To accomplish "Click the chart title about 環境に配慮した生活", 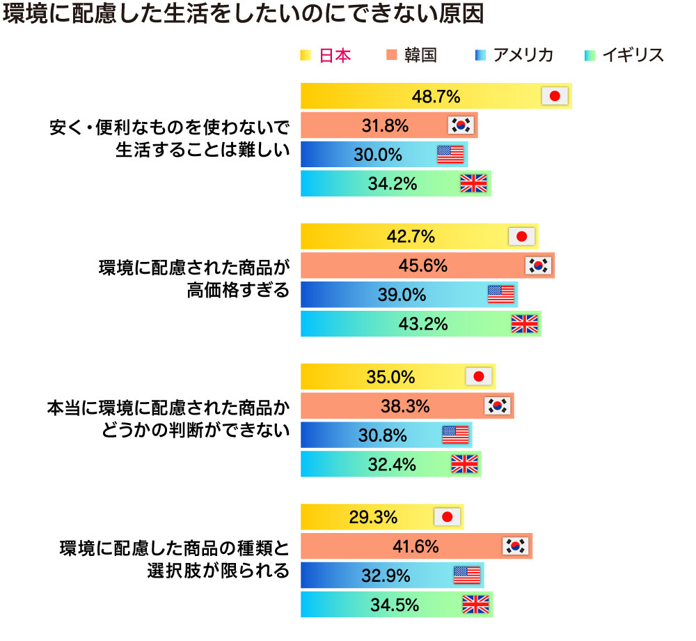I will (243, 16).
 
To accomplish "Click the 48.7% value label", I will (436, 96).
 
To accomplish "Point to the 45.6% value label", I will (422, 265).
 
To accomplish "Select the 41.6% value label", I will (415, 547).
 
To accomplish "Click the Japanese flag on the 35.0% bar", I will (479, 377).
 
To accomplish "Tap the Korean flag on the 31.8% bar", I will (461, 125).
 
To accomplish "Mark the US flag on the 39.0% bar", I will (500, 295).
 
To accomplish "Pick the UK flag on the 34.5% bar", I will (476, 605).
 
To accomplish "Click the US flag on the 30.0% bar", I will (450, 155).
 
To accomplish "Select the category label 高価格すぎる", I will (237, 289).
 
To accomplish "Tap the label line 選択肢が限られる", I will (217, 571).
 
